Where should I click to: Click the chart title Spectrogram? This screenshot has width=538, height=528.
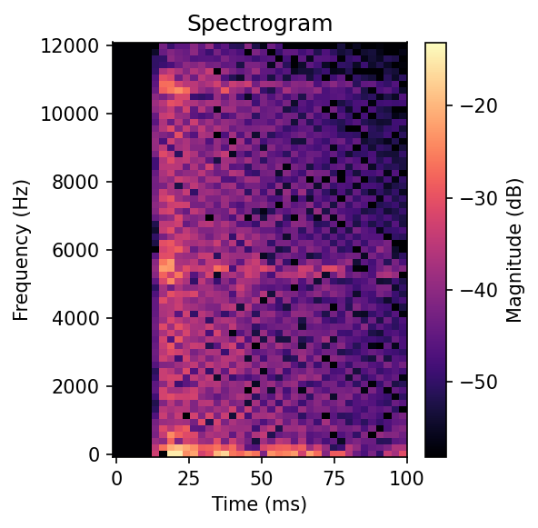coord(260,24)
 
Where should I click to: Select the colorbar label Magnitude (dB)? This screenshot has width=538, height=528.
coord(515,249)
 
